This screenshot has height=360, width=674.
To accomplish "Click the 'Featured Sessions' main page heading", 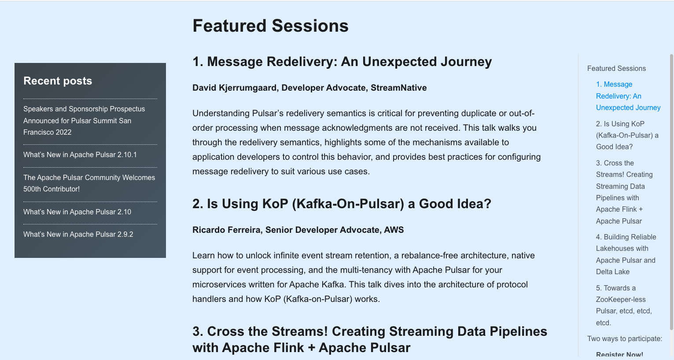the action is [270, 26].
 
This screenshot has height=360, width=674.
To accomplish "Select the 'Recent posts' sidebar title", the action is [58, 81].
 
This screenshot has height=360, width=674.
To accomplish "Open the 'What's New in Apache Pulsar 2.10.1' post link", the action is [80, 154].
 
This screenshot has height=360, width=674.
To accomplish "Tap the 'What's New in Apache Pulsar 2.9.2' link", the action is [78, 234].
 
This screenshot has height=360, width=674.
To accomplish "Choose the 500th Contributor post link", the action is [89, 183].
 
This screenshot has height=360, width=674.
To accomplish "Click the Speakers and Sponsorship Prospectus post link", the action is [84, 121].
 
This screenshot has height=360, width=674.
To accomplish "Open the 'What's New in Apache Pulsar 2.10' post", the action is [77, 212].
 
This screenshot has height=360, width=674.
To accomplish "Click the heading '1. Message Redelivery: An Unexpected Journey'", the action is [342, 62].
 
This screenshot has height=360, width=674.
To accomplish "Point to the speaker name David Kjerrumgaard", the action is [235, 88].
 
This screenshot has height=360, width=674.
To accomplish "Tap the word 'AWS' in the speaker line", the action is [394, 230].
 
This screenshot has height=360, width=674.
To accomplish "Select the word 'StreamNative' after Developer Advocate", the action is [399, 88].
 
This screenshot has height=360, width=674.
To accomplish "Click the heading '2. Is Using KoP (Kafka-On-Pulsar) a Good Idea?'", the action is [342, 204].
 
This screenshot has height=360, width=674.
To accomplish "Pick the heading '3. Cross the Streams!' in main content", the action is [370, 340].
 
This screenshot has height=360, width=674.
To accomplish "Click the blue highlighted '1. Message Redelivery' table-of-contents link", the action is [628, 96].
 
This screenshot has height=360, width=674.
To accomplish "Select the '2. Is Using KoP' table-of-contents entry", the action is [627, 136].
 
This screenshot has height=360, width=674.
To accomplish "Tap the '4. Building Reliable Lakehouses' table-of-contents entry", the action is [626, 254].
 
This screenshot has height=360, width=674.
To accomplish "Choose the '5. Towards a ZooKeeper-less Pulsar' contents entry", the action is [624, 305].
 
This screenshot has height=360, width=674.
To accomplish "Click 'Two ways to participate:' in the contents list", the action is [625, 338].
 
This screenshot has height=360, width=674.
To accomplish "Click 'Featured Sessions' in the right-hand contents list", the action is [616, 69].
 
